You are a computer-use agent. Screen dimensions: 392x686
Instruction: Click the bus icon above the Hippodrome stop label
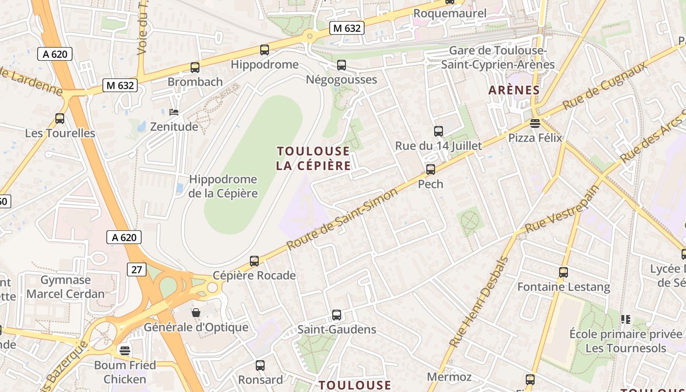pyautogui.click(x=265, y=49)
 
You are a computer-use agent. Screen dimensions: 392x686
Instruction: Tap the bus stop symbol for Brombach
pyautogui.click(x=195, y=68)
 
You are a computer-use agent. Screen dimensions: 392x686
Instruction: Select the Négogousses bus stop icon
pyautogui.click(x=342, y=65)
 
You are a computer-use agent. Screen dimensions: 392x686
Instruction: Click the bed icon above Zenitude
pyautogui.click(x=174, y=112)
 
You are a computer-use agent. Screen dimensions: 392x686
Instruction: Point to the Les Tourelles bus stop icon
pyautogui.click(x=60, y=119)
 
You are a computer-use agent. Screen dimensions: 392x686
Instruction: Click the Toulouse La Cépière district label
pyautogui.click(x=314, y=158)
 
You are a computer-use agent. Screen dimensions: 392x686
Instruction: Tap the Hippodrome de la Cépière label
pyautogui.click(x=223, y=186)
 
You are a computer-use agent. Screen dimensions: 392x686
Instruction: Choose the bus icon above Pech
pyautogui.click(x=431, y=170)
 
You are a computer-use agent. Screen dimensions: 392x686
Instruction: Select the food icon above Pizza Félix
pyautogui.click(x=535, y=123)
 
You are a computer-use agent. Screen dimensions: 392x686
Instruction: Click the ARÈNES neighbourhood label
pyautogui.click(x=514, y=90)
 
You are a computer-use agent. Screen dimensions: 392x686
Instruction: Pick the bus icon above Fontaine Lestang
pyautogui.click(x=563, y=272)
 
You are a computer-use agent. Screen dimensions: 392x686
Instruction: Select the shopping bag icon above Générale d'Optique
pyautogui.click(x=196, y=312)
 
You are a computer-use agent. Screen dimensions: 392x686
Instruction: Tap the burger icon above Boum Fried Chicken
pyautogui.click(x=125, y=350)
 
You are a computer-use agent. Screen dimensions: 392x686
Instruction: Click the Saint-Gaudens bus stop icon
pyautogui.click(x=337, y=315)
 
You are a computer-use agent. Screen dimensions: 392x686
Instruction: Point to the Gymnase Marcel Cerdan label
pyautogui.click(x=66, y=287)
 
